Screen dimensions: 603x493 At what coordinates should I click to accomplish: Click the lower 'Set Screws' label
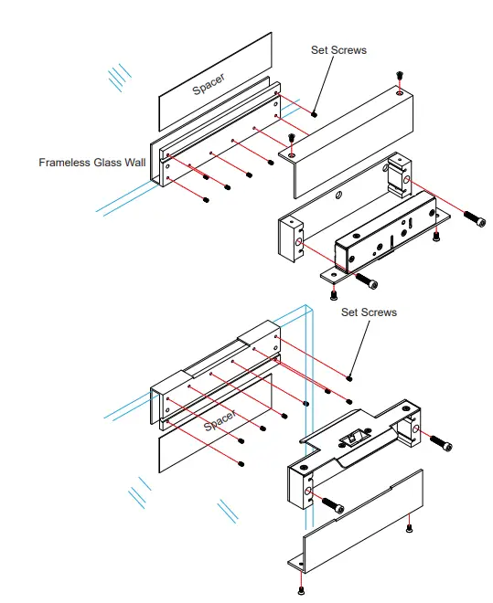tap(369, 312)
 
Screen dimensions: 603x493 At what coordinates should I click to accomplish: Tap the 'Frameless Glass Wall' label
tap(92, 163)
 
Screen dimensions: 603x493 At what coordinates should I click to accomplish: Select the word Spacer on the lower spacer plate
tap(220, 421)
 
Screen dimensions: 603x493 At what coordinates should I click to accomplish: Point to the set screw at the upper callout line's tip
tap(314, 114)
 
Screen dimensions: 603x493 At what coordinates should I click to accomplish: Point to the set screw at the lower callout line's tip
tap(351, 376)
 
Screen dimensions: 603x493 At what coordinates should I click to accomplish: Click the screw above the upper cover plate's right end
tap(399, 75)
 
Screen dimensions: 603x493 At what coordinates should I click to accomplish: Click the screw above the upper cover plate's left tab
tap(291, 138)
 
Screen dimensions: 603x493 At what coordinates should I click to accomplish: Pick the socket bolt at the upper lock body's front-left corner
tap(363, 279)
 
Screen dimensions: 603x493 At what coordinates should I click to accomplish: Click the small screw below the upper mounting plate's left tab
tap(333, 293)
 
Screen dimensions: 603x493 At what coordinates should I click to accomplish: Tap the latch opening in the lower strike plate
tap(350, 439)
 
